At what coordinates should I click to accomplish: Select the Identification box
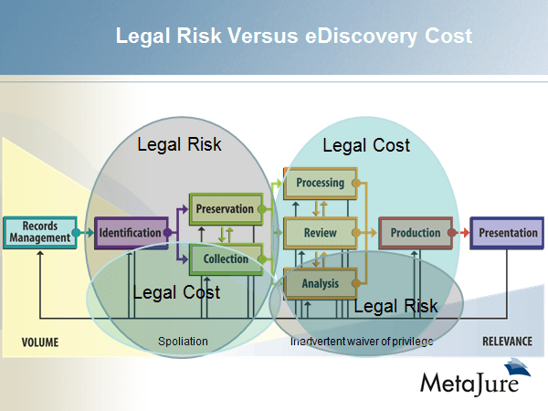pyautogui.click(x=130, y=232)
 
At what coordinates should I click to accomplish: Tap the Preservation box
pyautogui.click(x=225, y=208)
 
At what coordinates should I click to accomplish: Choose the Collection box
pyautogui.click(x=225, y=258)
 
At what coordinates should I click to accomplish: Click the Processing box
pyautogui.click(x=320, y=183)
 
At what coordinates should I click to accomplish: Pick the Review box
pyautogui.click(x=320, y=233)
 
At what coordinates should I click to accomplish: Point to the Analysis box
pyautogui.click(x=320, y=283)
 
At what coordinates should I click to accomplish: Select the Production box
pyautogui.click(x=415, y=233)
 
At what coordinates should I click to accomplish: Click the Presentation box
pyautogui.click(x=508, y=233)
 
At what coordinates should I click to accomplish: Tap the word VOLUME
pyautogui.click(x=40, y=342)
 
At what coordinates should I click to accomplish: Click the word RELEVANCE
pyautogui.click(x=507, y=342)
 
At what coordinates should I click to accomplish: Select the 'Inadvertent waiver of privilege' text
pyautogui.click(x=360, y=342)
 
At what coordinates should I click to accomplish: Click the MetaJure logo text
pyautogui.click(x=469, y=381)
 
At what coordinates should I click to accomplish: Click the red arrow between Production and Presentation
pyautogui.click(x=462, y=233)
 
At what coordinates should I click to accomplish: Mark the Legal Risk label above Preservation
pyautogui.click(x=179, y=144)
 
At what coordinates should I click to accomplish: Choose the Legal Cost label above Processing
pyautogui.click(x=366, y=145)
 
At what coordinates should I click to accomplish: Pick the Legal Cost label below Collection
pyautogui.click(x=176, y=292)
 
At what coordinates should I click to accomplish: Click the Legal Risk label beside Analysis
pyautogui.click(x=395, y=305)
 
